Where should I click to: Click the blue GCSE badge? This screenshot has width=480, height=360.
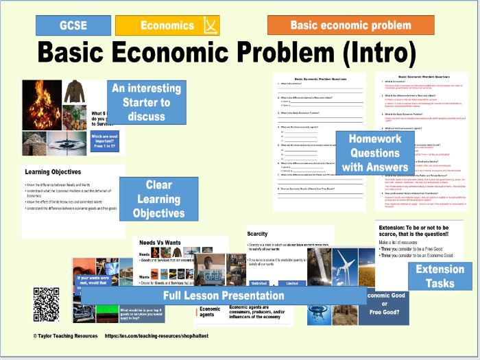point(73,25)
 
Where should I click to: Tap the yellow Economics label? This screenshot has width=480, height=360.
point(167,25)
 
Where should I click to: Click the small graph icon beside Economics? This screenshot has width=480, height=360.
point(209,26)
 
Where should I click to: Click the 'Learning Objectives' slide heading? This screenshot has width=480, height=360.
point(53,171)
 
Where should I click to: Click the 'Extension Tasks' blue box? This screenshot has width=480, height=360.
point(440,276)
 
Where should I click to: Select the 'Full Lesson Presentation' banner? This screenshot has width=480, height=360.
point(224,296)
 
